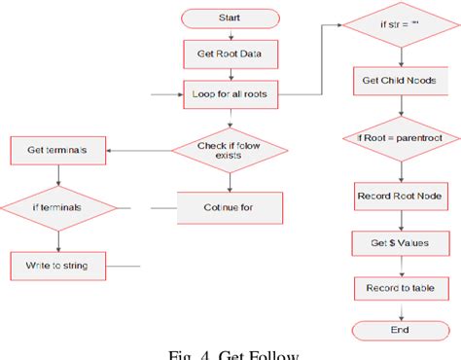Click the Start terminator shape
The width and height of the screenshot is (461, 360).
point(230,17)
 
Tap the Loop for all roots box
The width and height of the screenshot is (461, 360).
point(230,95)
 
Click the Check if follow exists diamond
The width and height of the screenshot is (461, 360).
point(230,151)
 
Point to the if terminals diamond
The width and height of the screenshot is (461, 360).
point(57,207)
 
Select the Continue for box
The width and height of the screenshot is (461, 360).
point(230,207)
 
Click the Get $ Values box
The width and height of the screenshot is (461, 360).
point(388,242)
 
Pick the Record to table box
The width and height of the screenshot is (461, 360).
point(388,287)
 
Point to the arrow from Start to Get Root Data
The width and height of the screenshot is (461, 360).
point(230,33)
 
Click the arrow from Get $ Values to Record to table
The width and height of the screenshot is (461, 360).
point(388,265)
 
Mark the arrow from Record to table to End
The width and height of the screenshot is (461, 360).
point(388,308)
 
